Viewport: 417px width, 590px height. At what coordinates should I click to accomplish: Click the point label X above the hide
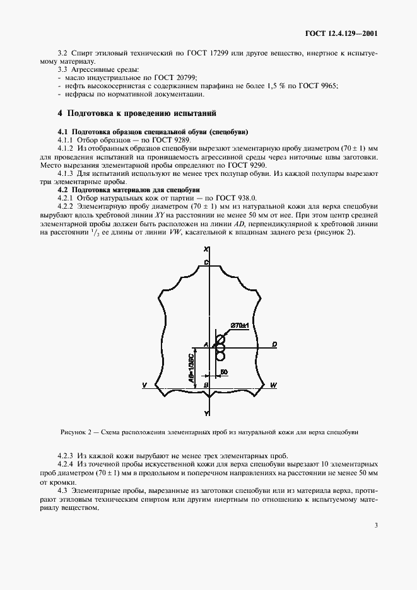tap(207, 250)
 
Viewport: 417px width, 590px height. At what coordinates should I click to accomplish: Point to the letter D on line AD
tap(274, 344)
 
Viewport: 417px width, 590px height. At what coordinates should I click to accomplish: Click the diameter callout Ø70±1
tap(240, 325)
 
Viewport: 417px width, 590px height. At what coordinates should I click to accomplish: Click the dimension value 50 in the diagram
tap(223, 373)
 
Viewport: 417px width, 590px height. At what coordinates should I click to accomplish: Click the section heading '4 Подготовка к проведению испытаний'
tap(137, 113)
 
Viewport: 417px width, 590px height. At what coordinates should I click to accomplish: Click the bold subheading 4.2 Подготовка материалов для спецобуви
tap(129, 189)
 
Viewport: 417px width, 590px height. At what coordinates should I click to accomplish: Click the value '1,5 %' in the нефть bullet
tap(259, 86)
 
